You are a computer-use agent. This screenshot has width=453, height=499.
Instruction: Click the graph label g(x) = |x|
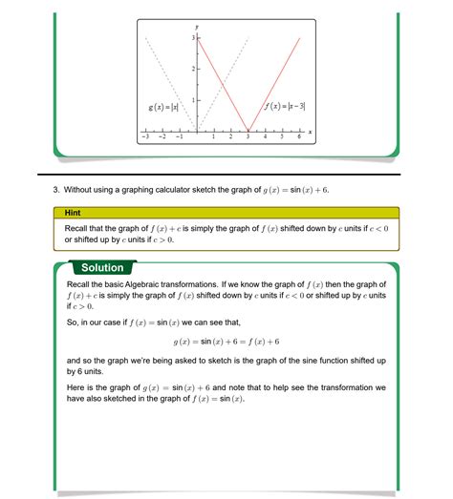(x=163, y=107)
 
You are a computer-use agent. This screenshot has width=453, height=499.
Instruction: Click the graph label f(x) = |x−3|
(x=285, y=107)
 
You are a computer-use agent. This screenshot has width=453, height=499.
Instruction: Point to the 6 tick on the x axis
(x=299, y=137)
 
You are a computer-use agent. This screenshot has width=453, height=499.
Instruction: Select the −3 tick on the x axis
(x=144, y=137)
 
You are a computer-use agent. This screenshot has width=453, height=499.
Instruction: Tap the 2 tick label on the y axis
(x=193, y=69)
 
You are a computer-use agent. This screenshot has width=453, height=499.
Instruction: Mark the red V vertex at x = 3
(x=248, y=131)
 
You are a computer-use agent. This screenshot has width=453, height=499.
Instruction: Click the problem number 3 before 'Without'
(x=55, y=190)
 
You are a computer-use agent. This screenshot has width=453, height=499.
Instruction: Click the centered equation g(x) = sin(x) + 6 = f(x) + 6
(x=226, y=341)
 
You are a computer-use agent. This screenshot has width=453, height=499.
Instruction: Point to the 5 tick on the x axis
(x=282, y=137)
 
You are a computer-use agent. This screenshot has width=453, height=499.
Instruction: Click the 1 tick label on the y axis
(x=193, y=100)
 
